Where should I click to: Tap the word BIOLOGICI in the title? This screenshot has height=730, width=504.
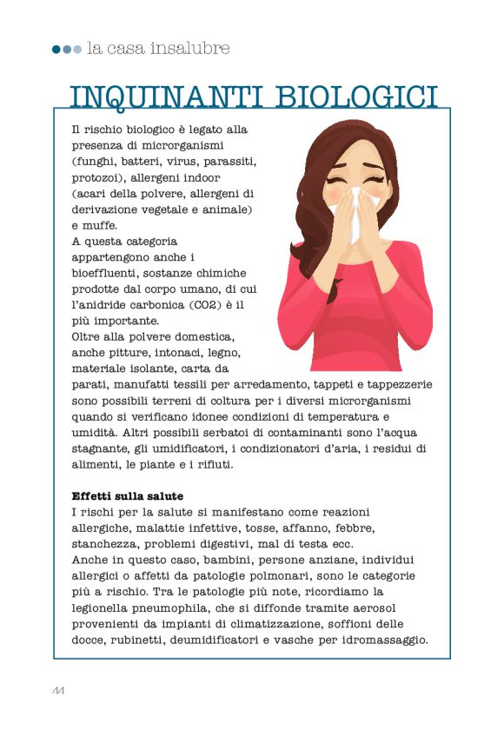point(357,96)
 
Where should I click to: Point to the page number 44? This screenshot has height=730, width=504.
point(58,691)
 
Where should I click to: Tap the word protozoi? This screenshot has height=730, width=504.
point(100,177)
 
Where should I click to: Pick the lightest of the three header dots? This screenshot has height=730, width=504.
point(77,50)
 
